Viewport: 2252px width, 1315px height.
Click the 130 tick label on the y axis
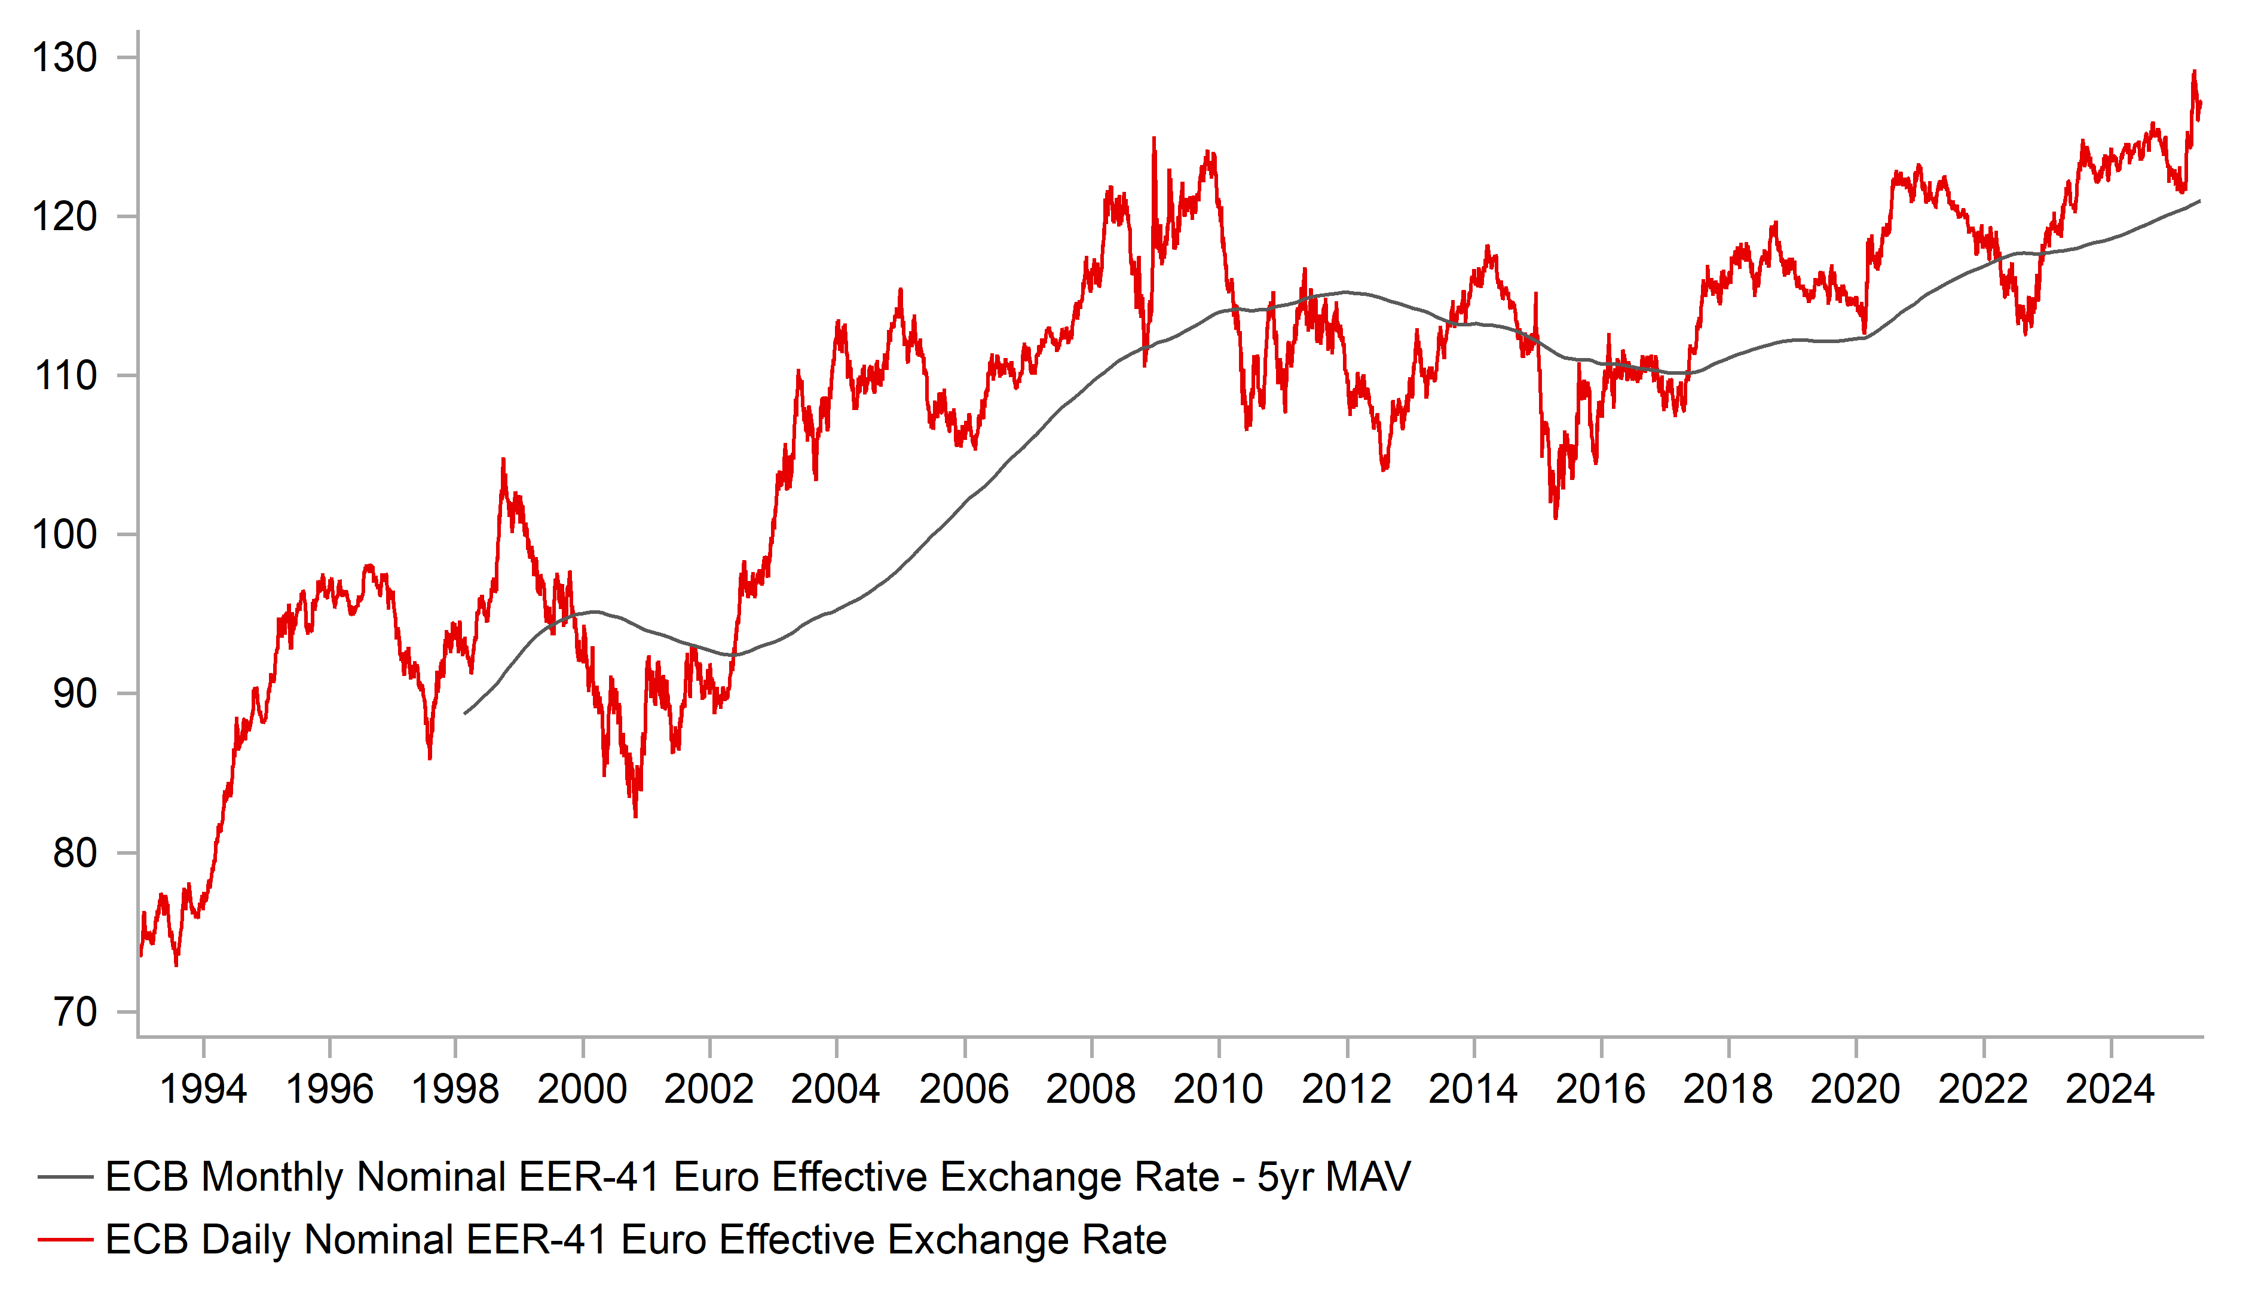(x=65, y=58)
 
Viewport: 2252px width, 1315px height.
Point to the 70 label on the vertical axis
(x=75, y=1013)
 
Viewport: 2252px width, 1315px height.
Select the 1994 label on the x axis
(x=203, y=1090)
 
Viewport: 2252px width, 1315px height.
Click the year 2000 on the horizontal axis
(x=582, y=1090)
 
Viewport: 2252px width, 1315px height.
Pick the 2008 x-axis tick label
(x=1090, y=1090)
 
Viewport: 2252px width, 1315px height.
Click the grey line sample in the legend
(x=65, y=1178)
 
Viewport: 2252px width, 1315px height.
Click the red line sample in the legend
(x=65, y=1240)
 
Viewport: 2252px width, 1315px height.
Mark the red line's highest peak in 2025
(x=2194, y=72)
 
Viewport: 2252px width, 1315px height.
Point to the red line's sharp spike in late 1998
(x=503, y=460)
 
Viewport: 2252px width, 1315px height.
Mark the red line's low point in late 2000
(x=635, y=816)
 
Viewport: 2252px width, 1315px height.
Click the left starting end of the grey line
(x=465, y=713)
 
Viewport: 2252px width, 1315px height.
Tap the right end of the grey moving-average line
(x=2199, y=201)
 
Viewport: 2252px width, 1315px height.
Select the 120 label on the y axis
(x=65, y=217)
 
